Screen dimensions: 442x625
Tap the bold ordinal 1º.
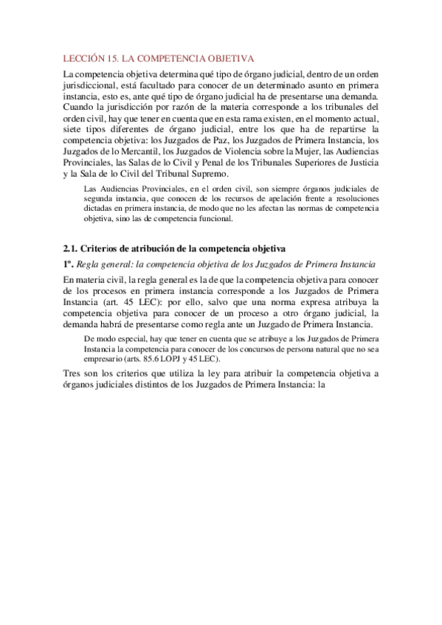68,263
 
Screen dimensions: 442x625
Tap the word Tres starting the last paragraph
72,374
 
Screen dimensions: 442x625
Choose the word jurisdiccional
94,85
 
